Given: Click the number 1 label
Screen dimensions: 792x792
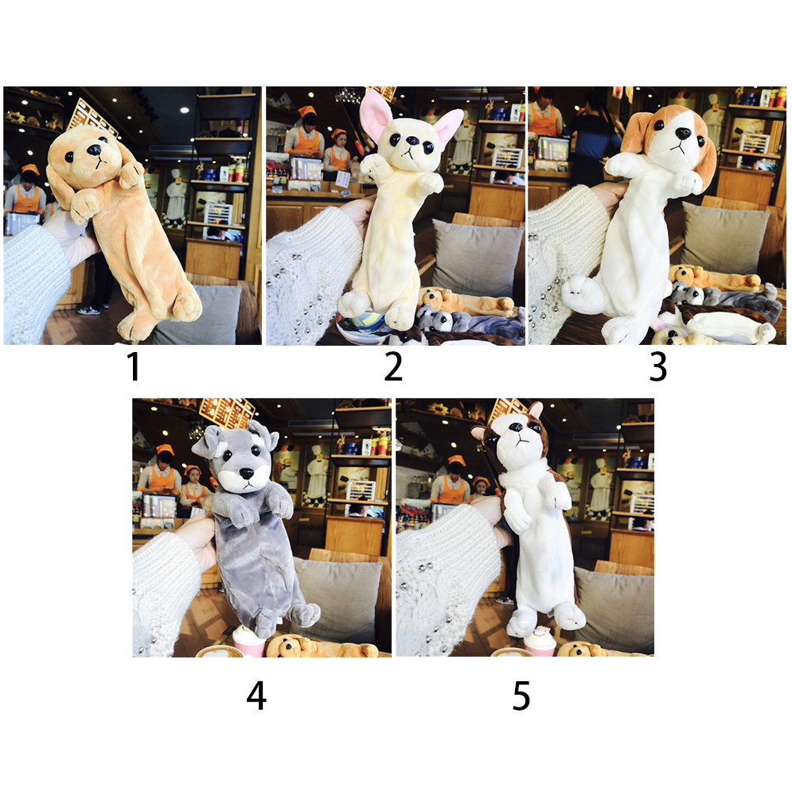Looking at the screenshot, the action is pos(133,366).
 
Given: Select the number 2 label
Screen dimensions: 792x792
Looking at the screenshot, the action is pos(393,366).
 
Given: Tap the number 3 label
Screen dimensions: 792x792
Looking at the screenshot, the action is pos(657,366).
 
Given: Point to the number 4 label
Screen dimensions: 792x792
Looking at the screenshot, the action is pos(256,695).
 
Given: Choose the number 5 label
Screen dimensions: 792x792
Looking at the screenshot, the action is pos(521,695).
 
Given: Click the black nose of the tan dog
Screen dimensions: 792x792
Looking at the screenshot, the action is pos(94,150).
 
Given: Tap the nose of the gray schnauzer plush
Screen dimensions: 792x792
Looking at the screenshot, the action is pos(247,473).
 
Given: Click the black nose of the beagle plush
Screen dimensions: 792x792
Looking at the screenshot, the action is pos(683,134).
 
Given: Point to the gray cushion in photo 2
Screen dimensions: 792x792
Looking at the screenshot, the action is pos(475,258).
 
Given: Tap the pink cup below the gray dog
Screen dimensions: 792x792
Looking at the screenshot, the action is pos(248,642).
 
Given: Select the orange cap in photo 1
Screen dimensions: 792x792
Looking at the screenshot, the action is pos(30,169).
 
